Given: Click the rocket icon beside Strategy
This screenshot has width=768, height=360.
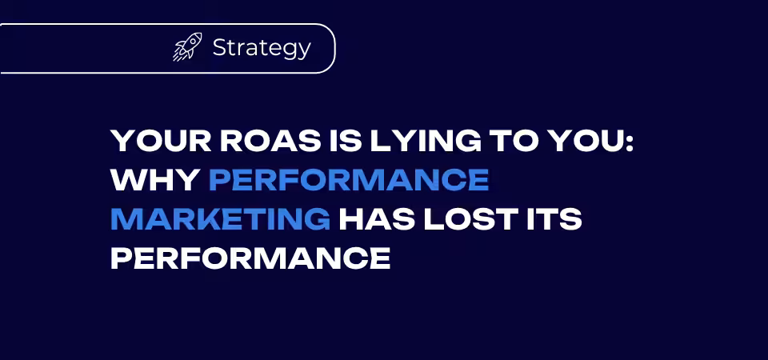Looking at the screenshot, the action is pos(187,47).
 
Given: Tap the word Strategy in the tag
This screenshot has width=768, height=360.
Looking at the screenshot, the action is pos(262,48).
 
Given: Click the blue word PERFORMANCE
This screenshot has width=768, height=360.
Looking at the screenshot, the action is pos(349,180).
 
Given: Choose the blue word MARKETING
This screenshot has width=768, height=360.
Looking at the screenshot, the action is pos(220,219).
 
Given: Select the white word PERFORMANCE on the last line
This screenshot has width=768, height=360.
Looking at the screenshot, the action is pos(250,258).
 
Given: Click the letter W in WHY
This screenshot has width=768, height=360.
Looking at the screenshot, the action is pos(127,180).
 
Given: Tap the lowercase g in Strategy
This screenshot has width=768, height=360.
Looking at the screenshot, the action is pos(287,51).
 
